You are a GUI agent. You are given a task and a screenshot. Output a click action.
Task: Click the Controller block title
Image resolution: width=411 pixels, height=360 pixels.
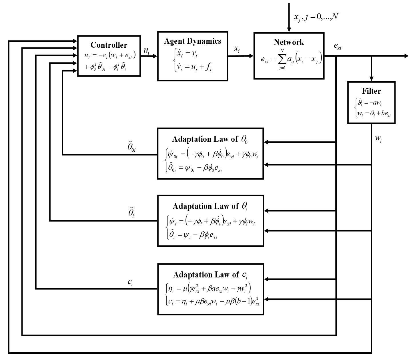click(109, 45)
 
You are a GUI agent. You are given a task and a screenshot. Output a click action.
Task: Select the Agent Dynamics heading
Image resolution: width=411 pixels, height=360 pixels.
click(193, 41)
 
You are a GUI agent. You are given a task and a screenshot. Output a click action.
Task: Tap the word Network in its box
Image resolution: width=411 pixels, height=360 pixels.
click(289, 42)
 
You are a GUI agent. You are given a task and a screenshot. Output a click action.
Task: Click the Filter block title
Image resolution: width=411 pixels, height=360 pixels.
click(371, 91)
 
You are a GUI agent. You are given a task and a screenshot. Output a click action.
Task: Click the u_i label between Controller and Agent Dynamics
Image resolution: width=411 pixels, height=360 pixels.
click(146, 51)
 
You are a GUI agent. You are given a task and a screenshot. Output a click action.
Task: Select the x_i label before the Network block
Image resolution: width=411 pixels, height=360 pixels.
click(237, 49)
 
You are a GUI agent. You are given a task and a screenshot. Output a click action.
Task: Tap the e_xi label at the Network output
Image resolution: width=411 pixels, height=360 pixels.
click(338, 47)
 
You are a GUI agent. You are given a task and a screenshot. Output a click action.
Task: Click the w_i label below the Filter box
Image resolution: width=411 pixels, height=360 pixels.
click(378, 139)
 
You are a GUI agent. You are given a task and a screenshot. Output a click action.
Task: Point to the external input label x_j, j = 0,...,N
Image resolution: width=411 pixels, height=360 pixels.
click(316, 17)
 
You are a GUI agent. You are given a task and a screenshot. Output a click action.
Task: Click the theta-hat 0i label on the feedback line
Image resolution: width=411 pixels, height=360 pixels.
click(131, 146)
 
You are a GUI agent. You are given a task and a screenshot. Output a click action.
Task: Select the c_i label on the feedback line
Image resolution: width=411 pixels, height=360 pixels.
click(130, 282)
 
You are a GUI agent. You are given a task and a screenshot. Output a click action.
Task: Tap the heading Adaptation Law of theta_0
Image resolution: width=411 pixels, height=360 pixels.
click(210, 139)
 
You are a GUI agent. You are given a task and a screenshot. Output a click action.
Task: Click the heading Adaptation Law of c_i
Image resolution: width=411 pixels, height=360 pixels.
click(210, 275)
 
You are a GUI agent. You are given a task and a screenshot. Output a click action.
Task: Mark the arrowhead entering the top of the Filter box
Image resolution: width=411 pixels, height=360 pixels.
click(371, 79)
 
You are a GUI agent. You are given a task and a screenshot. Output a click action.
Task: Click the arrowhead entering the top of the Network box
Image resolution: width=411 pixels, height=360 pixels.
click(289, 30)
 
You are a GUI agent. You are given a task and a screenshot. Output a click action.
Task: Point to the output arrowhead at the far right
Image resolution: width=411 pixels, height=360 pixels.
click(406, 56)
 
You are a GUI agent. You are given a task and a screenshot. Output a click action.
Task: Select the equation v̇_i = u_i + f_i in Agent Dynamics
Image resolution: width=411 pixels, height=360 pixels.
click(194, 67)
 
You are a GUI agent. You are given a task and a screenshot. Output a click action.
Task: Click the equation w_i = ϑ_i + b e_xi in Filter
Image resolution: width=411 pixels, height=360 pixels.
click(374, 113)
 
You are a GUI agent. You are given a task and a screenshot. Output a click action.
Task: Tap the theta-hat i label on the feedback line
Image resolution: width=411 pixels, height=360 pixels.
click(131, 212)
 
